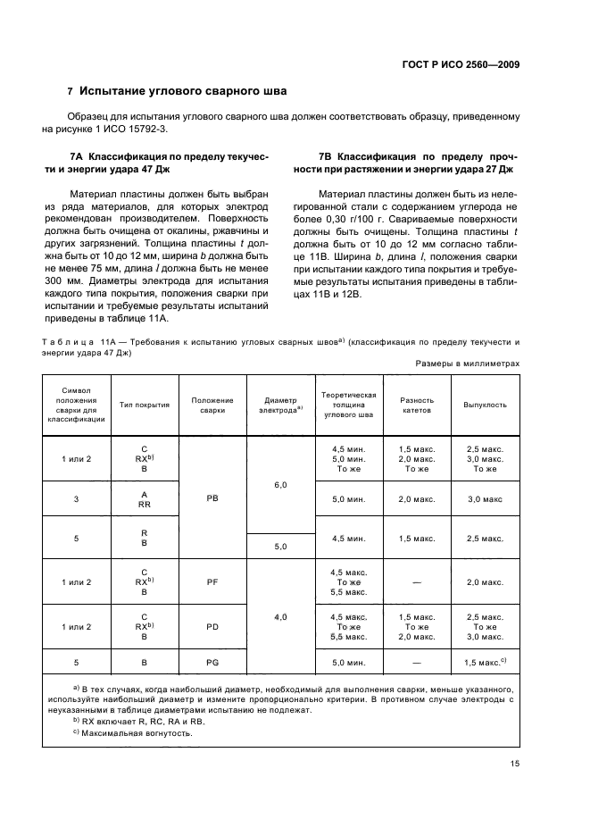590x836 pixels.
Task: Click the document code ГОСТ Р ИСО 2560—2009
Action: point(462,64)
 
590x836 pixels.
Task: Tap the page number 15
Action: point(515,763)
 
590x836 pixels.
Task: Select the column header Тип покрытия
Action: point(145,405)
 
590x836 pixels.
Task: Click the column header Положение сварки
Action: point(212,405)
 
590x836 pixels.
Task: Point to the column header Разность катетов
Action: point(417,405)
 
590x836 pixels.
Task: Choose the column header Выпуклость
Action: point(485,405)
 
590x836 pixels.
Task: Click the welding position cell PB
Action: point(212,501)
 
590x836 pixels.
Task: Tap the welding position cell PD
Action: point(212,627)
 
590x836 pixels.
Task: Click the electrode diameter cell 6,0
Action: point(280,484)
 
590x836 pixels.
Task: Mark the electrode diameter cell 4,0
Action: point(280,616)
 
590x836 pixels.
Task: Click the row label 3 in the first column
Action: point(76,501)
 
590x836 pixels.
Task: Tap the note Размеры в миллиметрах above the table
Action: point(468,364)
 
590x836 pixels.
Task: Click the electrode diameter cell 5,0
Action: point(280,546)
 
